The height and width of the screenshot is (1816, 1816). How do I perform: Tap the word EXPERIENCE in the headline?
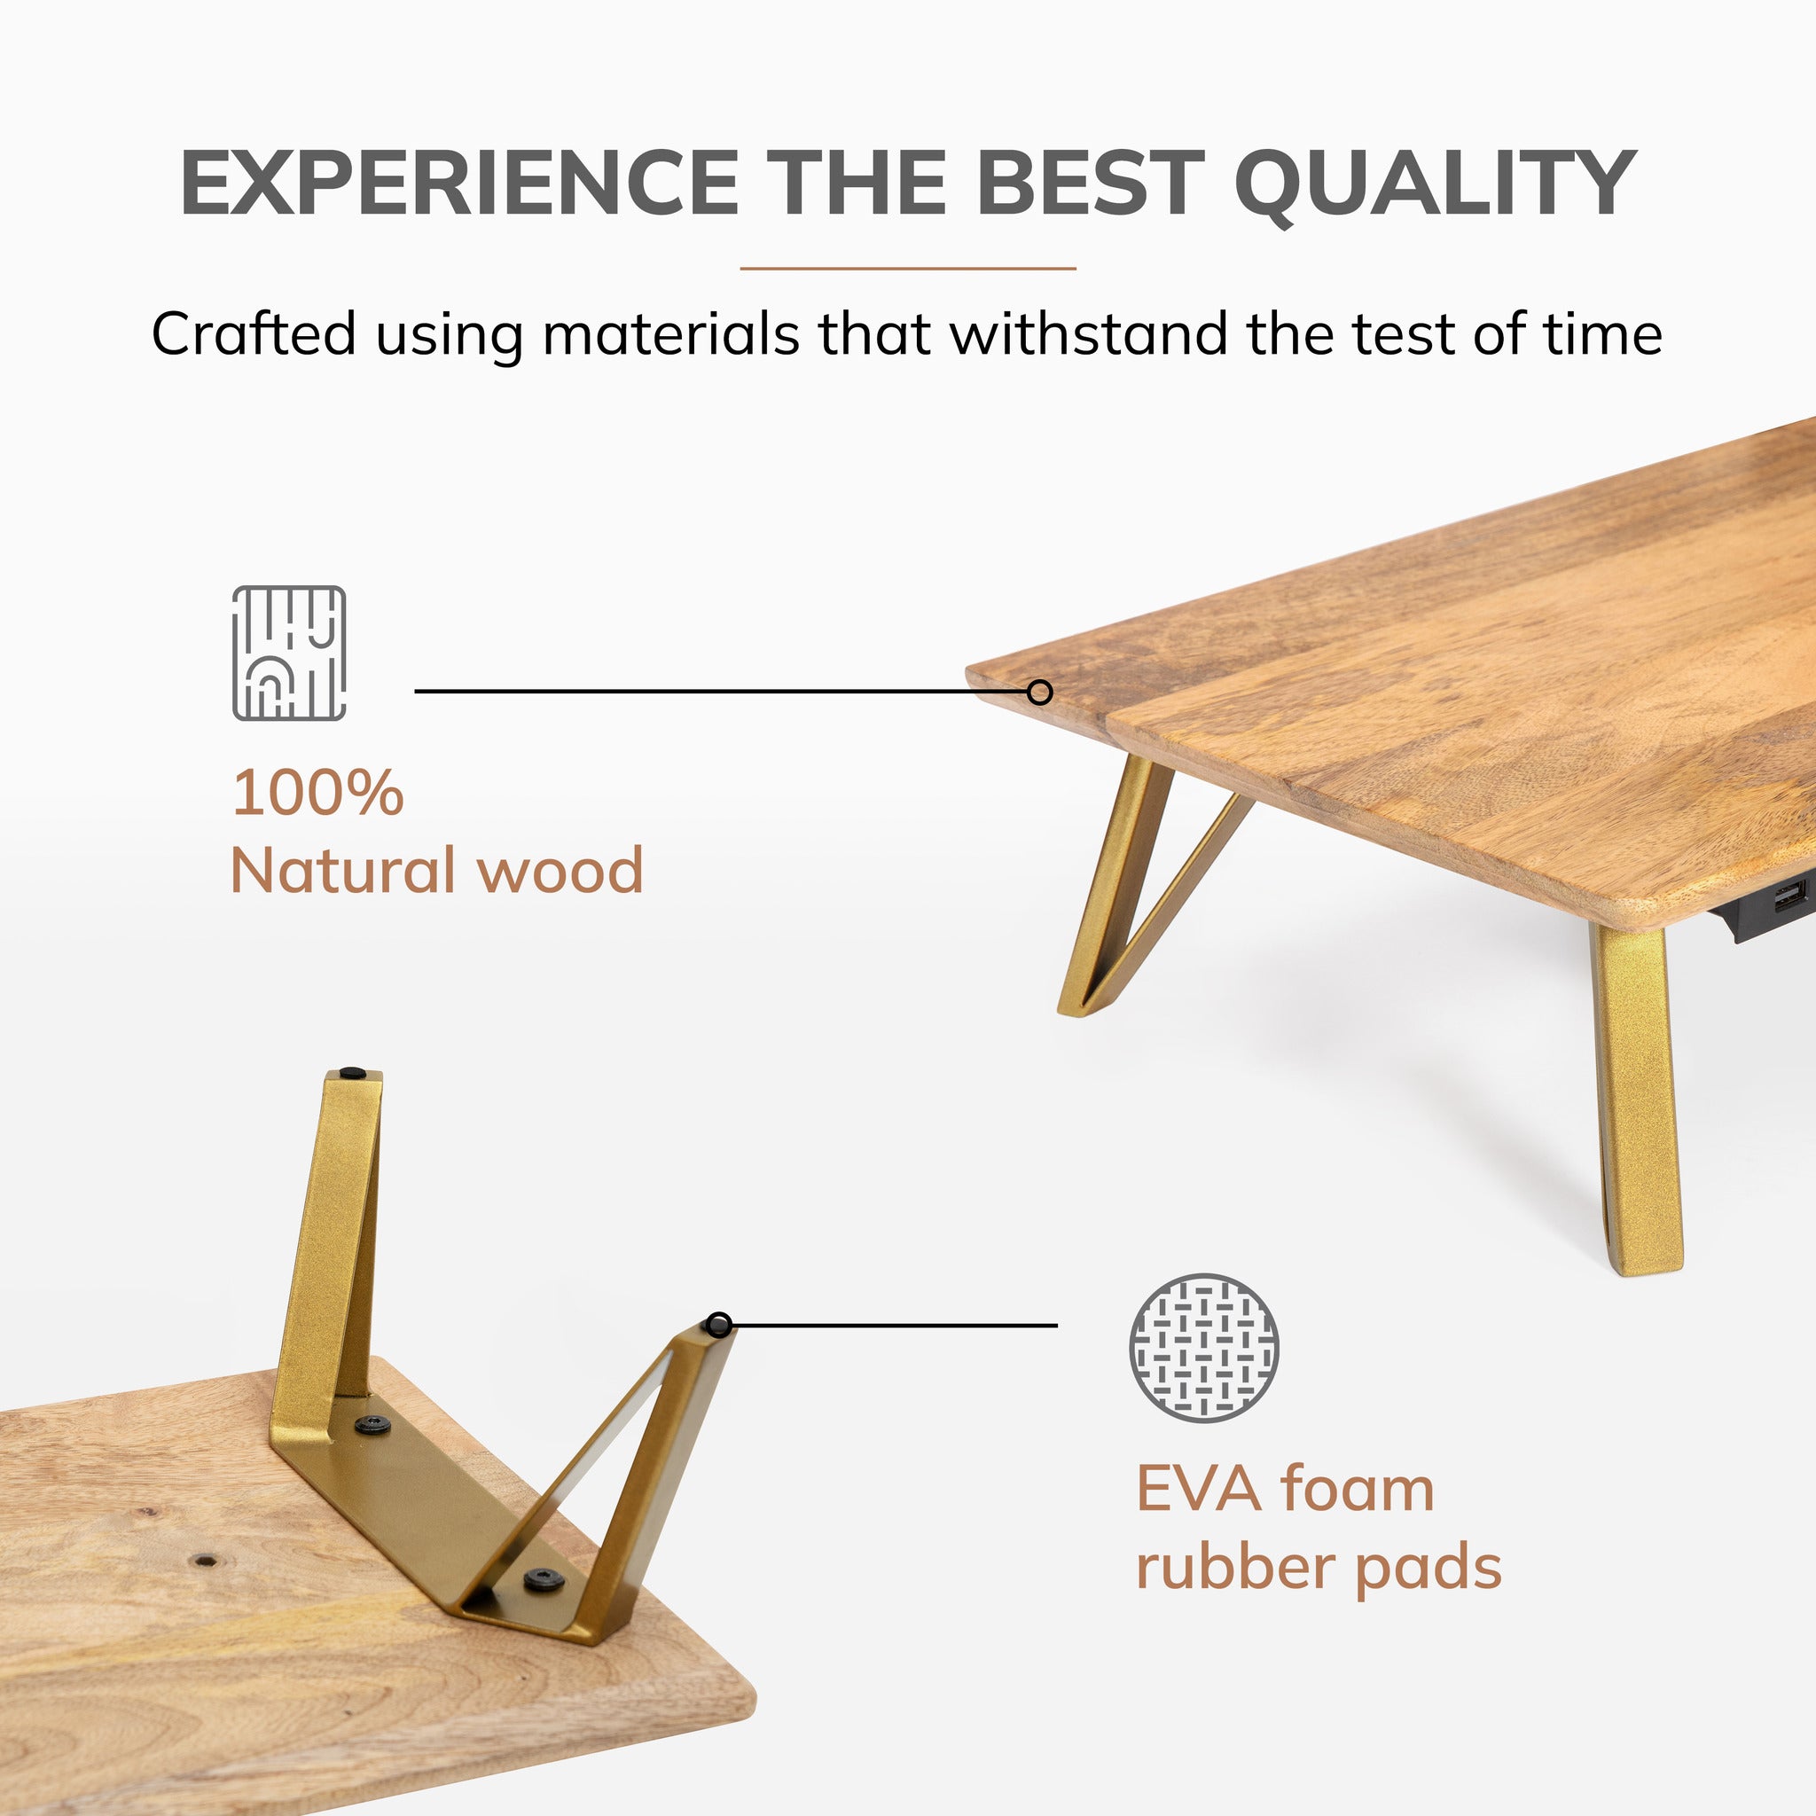point(458,184)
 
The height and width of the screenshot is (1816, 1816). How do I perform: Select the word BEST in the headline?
point(1090,184)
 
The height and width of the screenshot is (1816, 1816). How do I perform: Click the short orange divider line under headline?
point(907,269)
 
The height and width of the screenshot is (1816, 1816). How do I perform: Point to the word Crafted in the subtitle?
point(254,333)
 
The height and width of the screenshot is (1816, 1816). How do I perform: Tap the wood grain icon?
point(288,654)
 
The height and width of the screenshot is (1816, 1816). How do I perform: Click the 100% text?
point(317,793)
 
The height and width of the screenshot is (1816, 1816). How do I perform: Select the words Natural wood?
point(436,871)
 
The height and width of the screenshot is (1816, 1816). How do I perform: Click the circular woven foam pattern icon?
point(1203,1348)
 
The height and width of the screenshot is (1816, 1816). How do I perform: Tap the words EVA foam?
point(1285,1490)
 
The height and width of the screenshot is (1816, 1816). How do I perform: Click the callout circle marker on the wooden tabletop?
point(1038,693)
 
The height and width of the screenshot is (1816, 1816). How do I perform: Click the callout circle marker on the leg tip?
point(719,1325)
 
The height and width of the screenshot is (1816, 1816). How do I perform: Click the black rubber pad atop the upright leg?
point(353,1073)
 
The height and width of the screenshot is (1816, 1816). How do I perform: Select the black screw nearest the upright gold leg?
point(374,1425)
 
